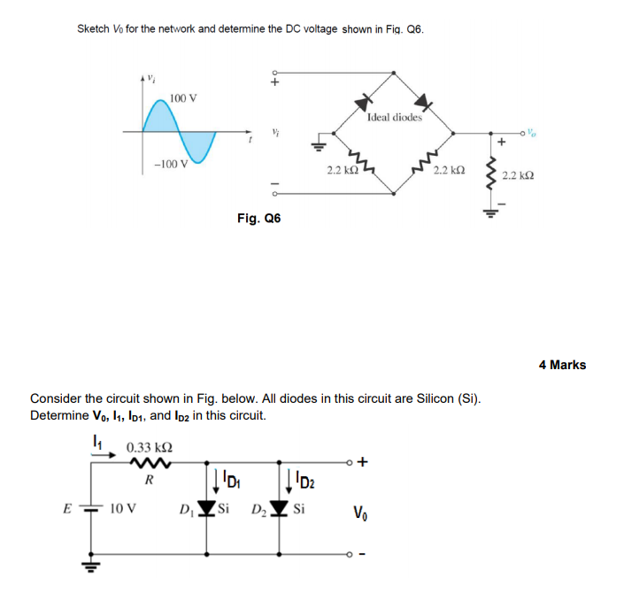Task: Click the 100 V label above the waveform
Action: pos(183,97)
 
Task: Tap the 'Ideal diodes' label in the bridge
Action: pos(395,117)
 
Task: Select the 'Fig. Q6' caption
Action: pos(258,218)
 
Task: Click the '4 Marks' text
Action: pos(562,365)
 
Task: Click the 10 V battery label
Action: pos(123,509)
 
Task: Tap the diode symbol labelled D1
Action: pos(207,510)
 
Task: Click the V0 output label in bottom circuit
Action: pos(359,511)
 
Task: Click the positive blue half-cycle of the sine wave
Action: pos(162,116)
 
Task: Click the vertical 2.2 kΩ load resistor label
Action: pos(516,176)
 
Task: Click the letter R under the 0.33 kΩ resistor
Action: pos(150,482)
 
